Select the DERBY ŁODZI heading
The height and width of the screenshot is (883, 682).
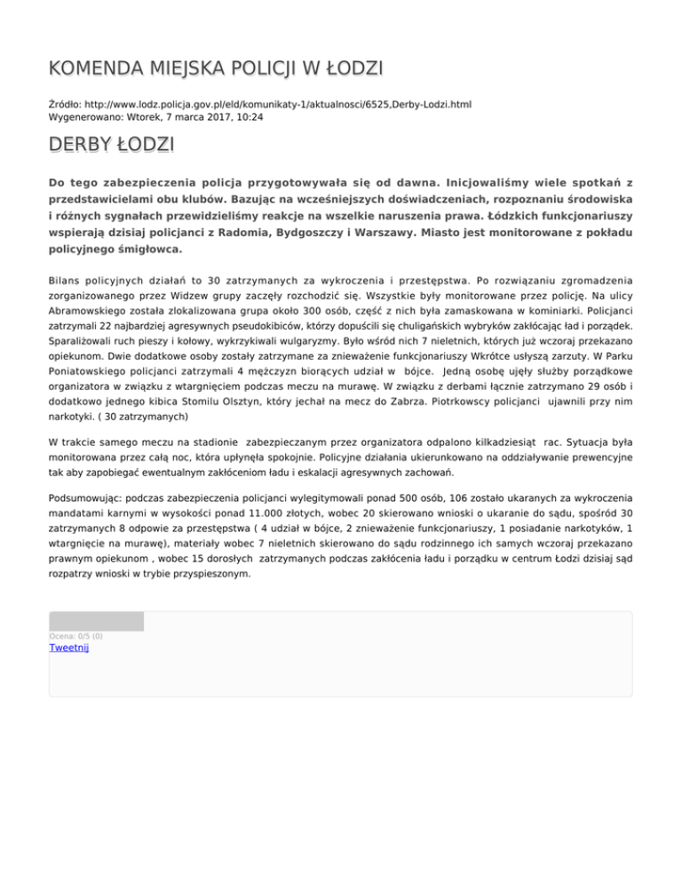(x=111, y=144)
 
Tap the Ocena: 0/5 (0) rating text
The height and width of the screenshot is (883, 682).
(x=75, y=636)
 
